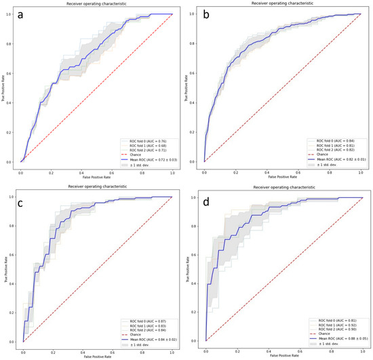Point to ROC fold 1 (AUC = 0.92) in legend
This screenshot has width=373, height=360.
[x=332, y=325]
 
